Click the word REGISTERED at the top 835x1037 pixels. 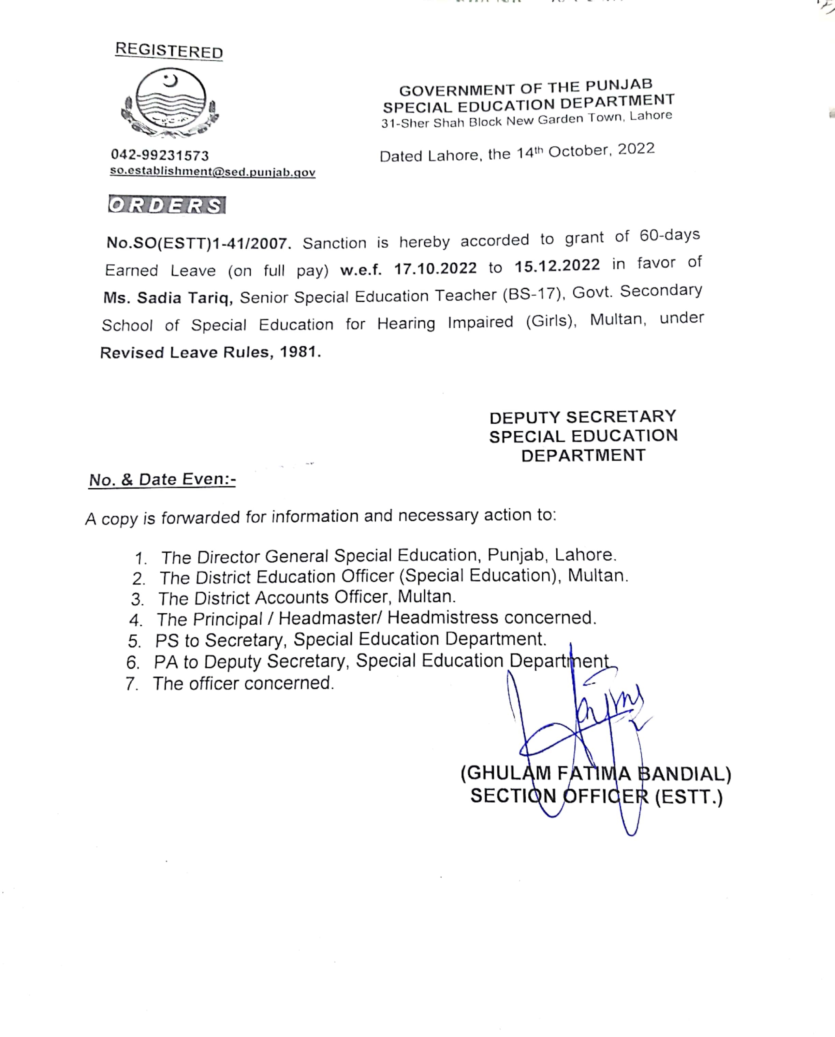(169, 50)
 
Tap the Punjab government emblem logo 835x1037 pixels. (170, 102)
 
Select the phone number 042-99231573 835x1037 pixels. (160, 155)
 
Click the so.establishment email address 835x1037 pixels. (213, 172)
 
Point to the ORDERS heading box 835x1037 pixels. (167, 205)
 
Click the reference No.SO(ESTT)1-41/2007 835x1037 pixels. (199, 243)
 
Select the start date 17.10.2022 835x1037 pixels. (435, 268)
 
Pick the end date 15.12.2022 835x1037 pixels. (557, 265)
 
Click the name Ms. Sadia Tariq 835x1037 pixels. (168, 298)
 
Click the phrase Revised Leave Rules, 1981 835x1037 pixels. (210, 353)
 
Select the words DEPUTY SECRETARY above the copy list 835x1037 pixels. (583, 417)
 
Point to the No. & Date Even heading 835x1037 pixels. (162, 480)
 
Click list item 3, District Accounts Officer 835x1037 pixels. (306, 597)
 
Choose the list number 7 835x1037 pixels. (132, 684)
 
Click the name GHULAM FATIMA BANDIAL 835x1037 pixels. (596, 773)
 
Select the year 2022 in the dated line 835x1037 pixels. (636, 149)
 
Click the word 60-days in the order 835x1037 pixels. (670, 235)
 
